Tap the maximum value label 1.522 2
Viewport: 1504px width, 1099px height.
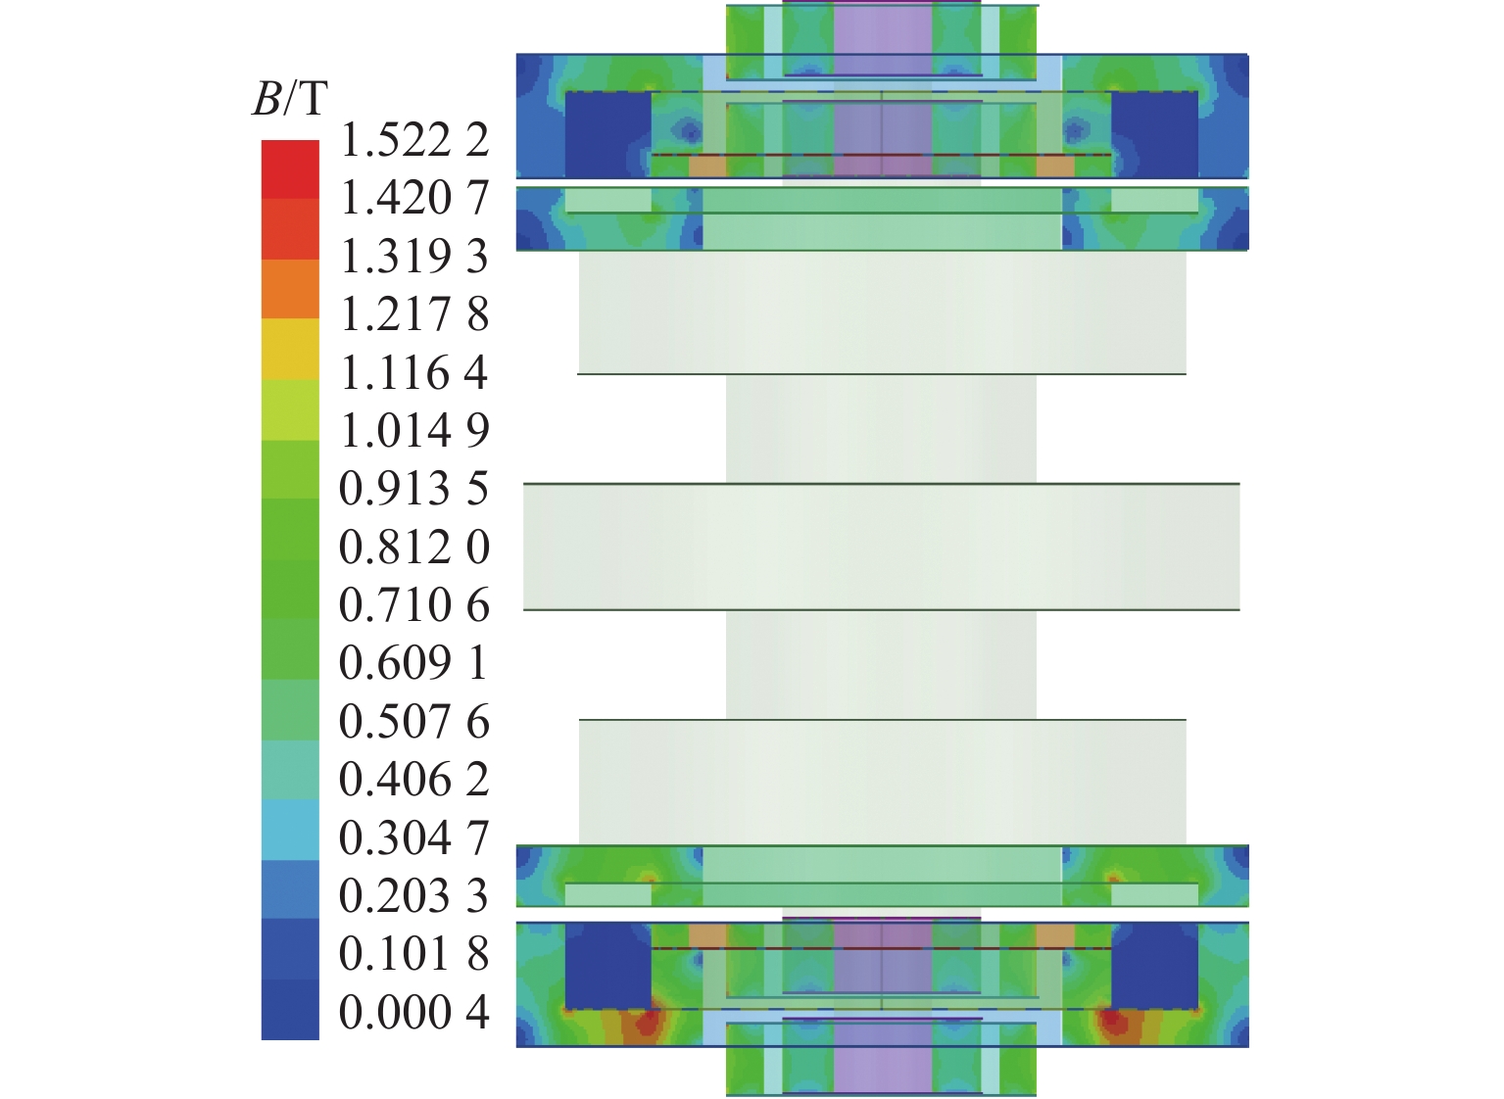(414, 141)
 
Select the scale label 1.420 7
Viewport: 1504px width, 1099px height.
(414, 199)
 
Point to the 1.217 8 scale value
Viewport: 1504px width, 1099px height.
(414, 315)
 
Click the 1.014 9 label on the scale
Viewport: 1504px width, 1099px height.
(414, 431)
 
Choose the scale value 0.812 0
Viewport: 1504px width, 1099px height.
(414, 548)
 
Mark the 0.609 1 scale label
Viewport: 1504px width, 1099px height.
(414, 664)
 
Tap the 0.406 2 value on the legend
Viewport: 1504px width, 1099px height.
(414, 780)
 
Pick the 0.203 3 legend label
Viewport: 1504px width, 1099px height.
(414, 896)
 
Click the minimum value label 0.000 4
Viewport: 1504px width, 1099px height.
(414, 1012)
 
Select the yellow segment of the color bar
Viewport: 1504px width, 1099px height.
(290, 349)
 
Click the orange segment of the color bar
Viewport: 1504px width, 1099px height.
(290, 289)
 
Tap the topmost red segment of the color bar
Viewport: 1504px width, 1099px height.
(290, 169)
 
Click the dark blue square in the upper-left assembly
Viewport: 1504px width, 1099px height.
(607, 134)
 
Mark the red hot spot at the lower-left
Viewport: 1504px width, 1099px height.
(647, 1024)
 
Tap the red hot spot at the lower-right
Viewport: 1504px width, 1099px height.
(1112, 1024)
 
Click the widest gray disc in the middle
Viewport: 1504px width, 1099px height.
(881, 547)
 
